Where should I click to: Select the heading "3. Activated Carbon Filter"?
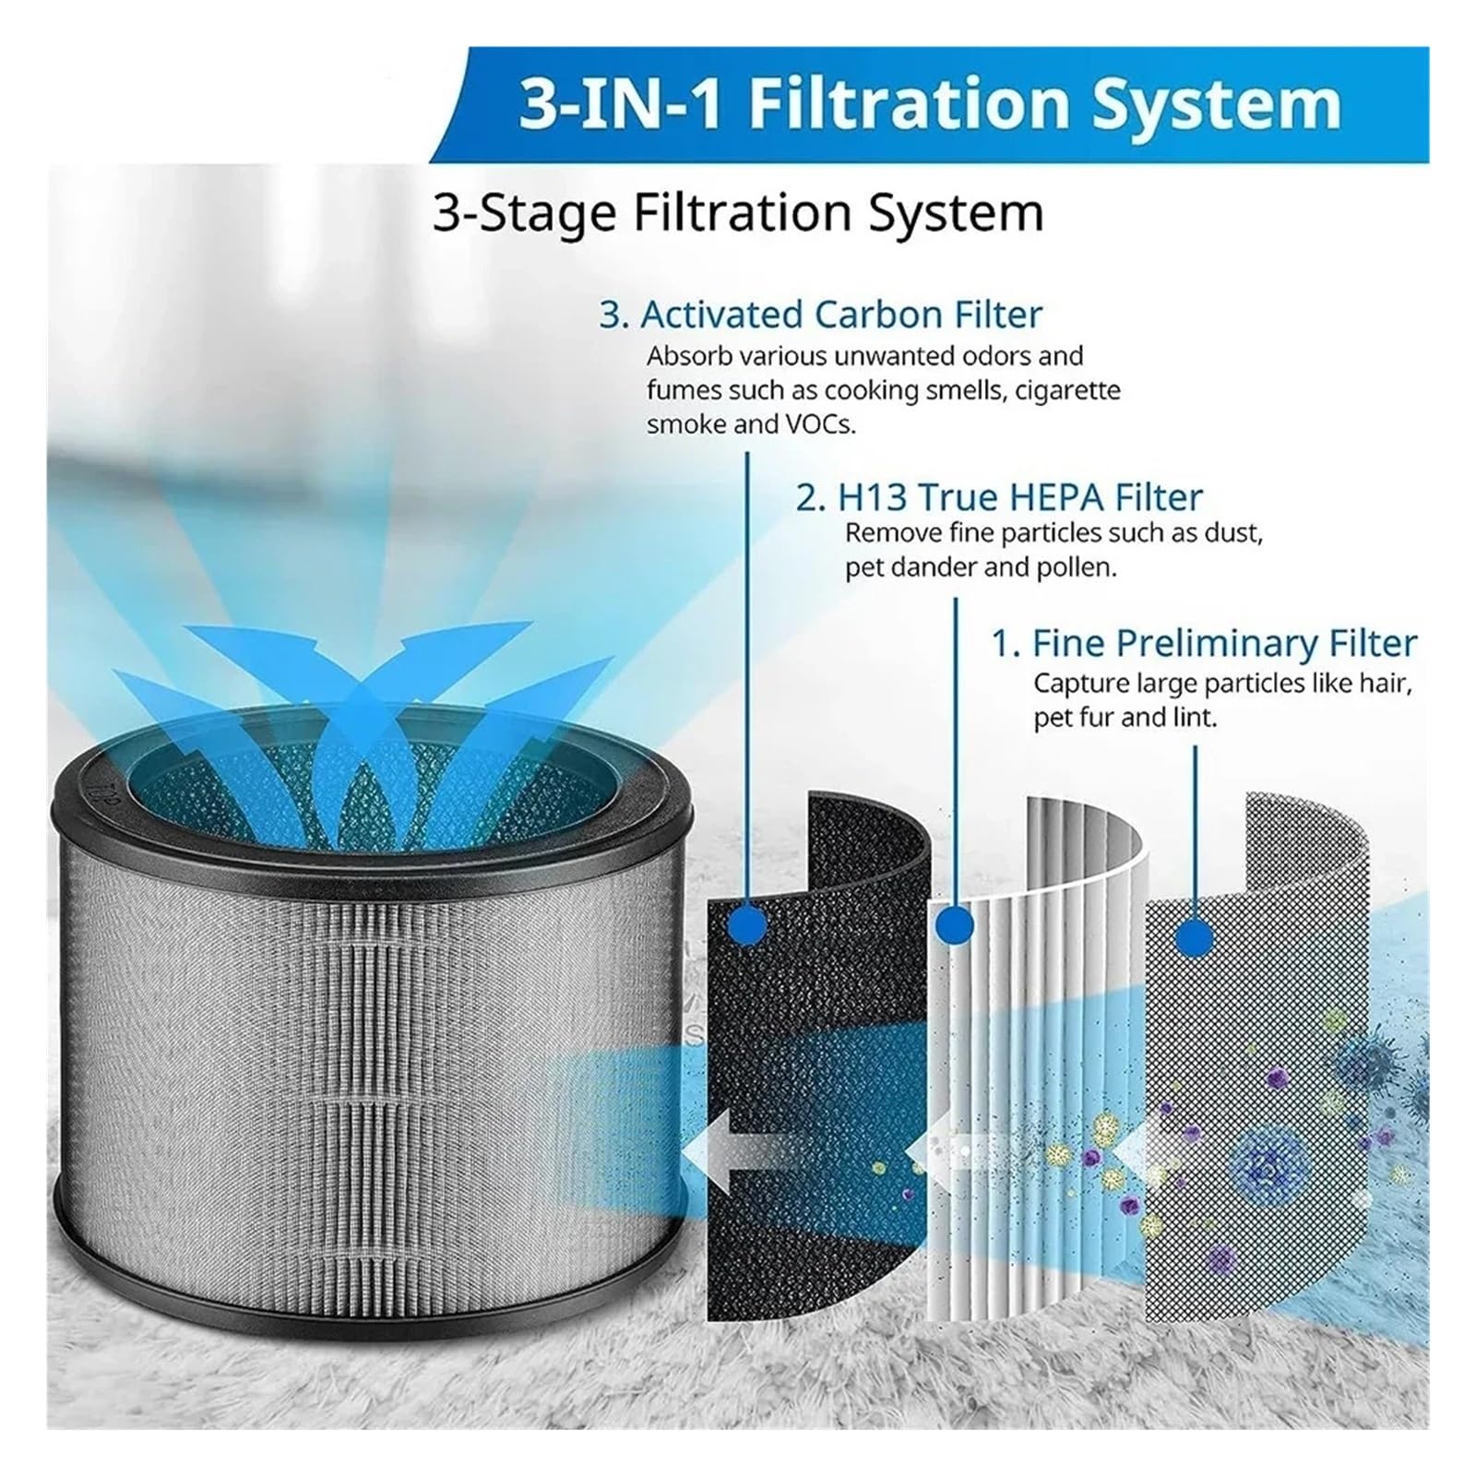click(820, 315)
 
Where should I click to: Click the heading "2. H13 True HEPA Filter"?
click(999, 497)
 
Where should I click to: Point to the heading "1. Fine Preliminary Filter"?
click(1204, 643)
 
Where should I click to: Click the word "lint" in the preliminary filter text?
click(1197, 718)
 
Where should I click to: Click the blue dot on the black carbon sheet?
click(745, 922)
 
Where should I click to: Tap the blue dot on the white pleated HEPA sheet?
click(955, 922)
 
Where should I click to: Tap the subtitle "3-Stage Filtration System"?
click(738, 213)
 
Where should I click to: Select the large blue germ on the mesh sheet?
click(1270, 1168)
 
